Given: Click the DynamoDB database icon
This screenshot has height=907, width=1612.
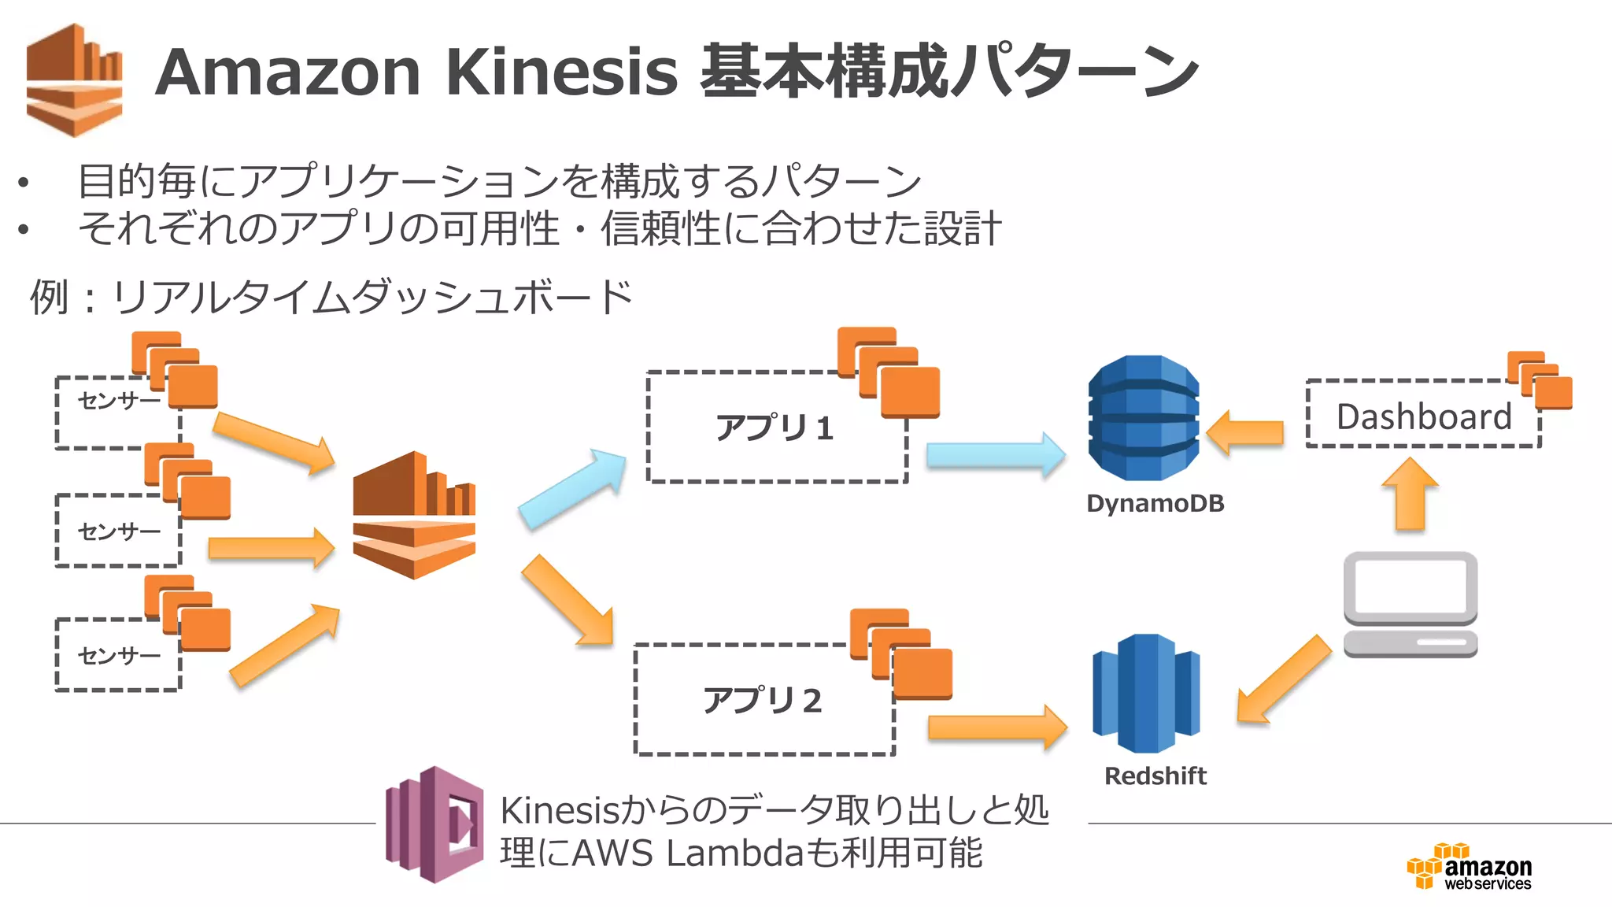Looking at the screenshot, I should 1143,418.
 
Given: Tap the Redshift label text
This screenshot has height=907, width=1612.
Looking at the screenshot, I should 1155,776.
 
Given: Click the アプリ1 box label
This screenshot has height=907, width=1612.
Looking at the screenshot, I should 774,428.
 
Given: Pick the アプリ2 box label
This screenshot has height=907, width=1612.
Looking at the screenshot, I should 762,700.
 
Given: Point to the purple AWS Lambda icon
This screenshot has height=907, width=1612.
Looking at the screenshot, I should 434,824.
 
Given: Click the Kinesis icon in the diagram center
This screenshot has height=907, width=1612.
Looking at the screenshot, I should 414,515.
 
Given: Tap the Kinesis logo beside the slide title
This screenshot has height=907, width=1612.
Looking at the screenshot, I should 75,80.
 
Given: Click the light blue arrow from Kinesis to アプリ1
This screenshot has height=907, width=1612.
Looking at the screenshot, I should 573,488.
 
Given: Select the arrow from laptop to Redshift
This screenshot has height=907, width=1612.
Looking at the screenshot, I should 1283,679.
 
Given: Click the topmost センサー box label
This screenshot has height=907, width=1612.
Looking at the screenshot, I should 118,402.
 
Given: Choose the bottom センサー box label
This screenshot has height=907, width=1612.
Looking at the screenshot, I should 118,655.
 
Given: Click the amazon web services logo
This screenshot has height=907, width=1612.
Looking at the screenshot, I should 1469,867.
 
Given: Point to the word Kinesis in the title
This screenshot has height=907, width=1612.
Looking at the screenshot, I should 561,72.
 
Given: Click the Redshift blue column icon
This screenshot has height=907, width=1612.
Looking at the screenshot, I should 1146,693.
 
